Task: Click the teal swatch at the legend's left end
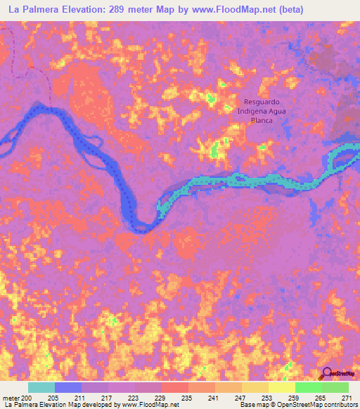(x=41, y=387)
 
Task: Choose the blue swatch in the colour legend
(x=68, y=387)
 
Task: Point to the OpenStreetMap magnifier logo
(x=327, y=375)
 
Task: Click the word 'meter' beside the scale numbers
(x=11, y=397)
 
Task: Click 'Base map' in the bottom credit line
(x=254, y=405)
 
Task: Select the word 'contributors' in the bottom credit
(x=339, y=405)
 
